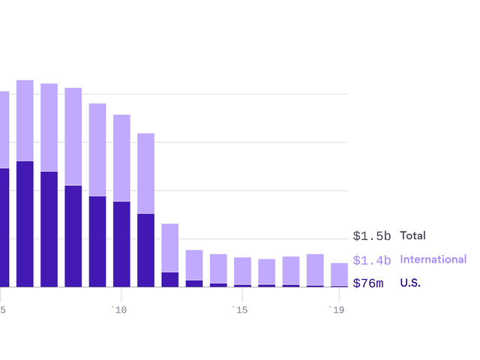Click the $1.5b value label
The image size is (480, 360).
372,236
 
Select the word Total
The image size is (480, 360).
412,235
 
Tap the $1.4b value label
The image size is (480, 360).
372,260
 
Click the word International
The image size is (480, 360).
433,259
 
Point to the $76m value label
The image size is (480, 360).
368,283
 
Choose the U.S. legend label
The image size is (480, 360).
411,283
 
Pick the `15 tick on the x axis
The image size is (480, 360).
239,310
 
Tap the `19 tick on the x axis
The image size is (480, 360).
337,310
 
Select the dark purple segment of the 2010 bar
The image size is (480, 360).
121,244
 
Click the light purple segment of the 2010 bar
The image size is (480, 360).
121,157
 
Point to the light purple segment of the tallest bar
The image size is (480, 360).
25,120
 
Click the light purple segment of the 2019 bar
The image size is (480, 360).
339,274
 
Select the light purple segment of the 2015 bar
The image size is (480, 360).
242,271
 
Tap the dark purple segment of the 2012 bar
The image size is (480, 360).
170,279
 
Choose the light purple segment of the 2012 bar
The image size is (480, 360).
170,247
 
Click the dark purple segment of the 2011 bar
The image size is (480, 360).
145,250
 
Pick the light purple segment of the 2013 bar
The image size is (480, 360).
194,265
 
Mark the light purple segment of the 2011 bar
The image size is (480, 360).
145,173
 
